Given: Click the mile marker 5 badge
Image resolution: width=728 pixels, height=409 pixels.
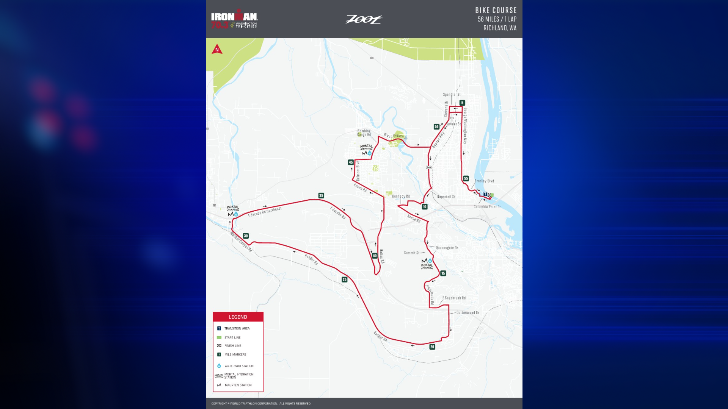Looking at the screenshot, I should [x=462, y=103].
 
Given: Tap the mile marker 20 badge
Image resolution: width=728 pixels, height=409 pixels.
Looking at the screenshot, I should [x=432, y=347].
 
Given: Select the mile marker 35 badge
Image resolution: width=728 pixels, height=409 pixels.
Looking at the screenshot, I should [x=321, y=195].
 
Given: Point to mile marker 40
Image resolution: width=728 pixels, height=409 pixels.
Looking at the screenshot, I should [x=375, y=256].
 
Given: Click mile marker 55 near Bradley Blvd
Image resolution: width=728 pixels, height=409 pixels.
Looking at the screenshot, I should [x=466, y=178].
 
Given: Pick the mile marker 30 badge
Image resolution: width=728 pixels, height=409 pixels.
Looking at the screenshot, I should [x=246, y=236].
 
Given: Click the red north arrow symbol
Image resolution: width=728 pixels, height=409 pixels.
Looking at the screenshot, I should [x=217, y=49].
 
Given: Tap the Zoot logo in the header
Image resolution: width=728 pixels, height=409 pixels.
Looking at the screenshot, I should [x=364, y=19].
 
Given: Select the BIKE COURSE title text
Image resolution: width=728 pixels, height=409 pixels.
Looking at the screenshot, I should [x=496, y=11].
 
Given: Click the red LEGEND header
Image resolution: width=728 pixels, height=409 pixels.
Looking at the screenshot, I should [x=238, y=317].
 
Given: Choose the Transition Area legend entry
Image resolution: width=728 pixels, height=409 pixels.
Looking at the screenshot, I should [x=237, y=328].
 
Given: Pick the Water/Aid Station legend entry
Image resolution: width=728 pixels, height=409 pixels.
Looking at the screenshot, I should [x=238, y=366].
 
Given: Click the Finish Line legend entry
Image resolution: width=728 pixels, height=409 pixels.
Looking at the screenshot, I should [x=232, y=346].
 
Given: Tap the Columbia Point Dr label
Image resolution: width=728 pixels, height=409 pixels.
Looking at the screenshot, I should [x=487, y=207].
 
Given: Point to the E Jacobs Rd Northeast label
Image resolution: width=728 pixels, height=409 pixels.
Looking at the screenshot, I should [x=265, y=212].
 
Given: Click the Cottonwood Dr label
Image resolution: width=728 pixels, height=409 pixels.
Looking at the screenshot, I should [x=468, y=313].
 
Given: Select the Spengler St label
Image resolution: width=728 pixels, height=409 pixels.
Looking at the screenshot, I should [x=452, y=95].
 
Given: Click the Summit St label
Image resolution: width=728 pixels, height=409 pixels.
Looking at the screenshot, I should [x=411, y=253].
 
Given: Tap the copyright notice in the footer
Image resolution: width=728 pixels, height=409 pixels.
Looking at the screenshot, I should [x=261, y=404].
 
